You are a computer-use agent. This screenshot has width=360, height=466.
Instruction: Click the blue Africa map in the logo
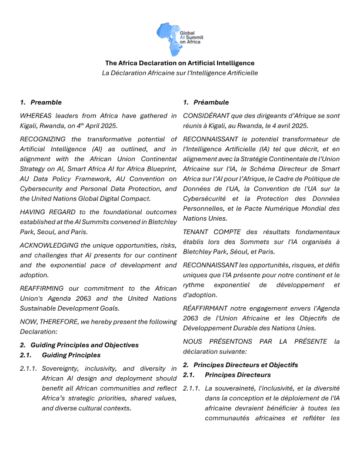pos(168,36)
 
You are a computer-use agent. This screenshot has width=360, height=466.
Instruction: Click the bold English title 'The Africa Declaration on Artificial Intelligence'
pos(179,63)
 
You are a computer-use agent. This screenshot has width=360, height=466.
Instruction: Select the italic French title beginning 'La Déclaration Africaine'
pos(179,73)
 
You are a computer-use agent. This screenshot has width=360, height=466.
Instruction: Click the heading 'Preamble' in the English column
pos(46,102)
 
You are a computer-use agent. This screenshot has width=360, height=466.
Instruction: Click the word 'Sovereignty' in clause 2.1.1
pos(62,368)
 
